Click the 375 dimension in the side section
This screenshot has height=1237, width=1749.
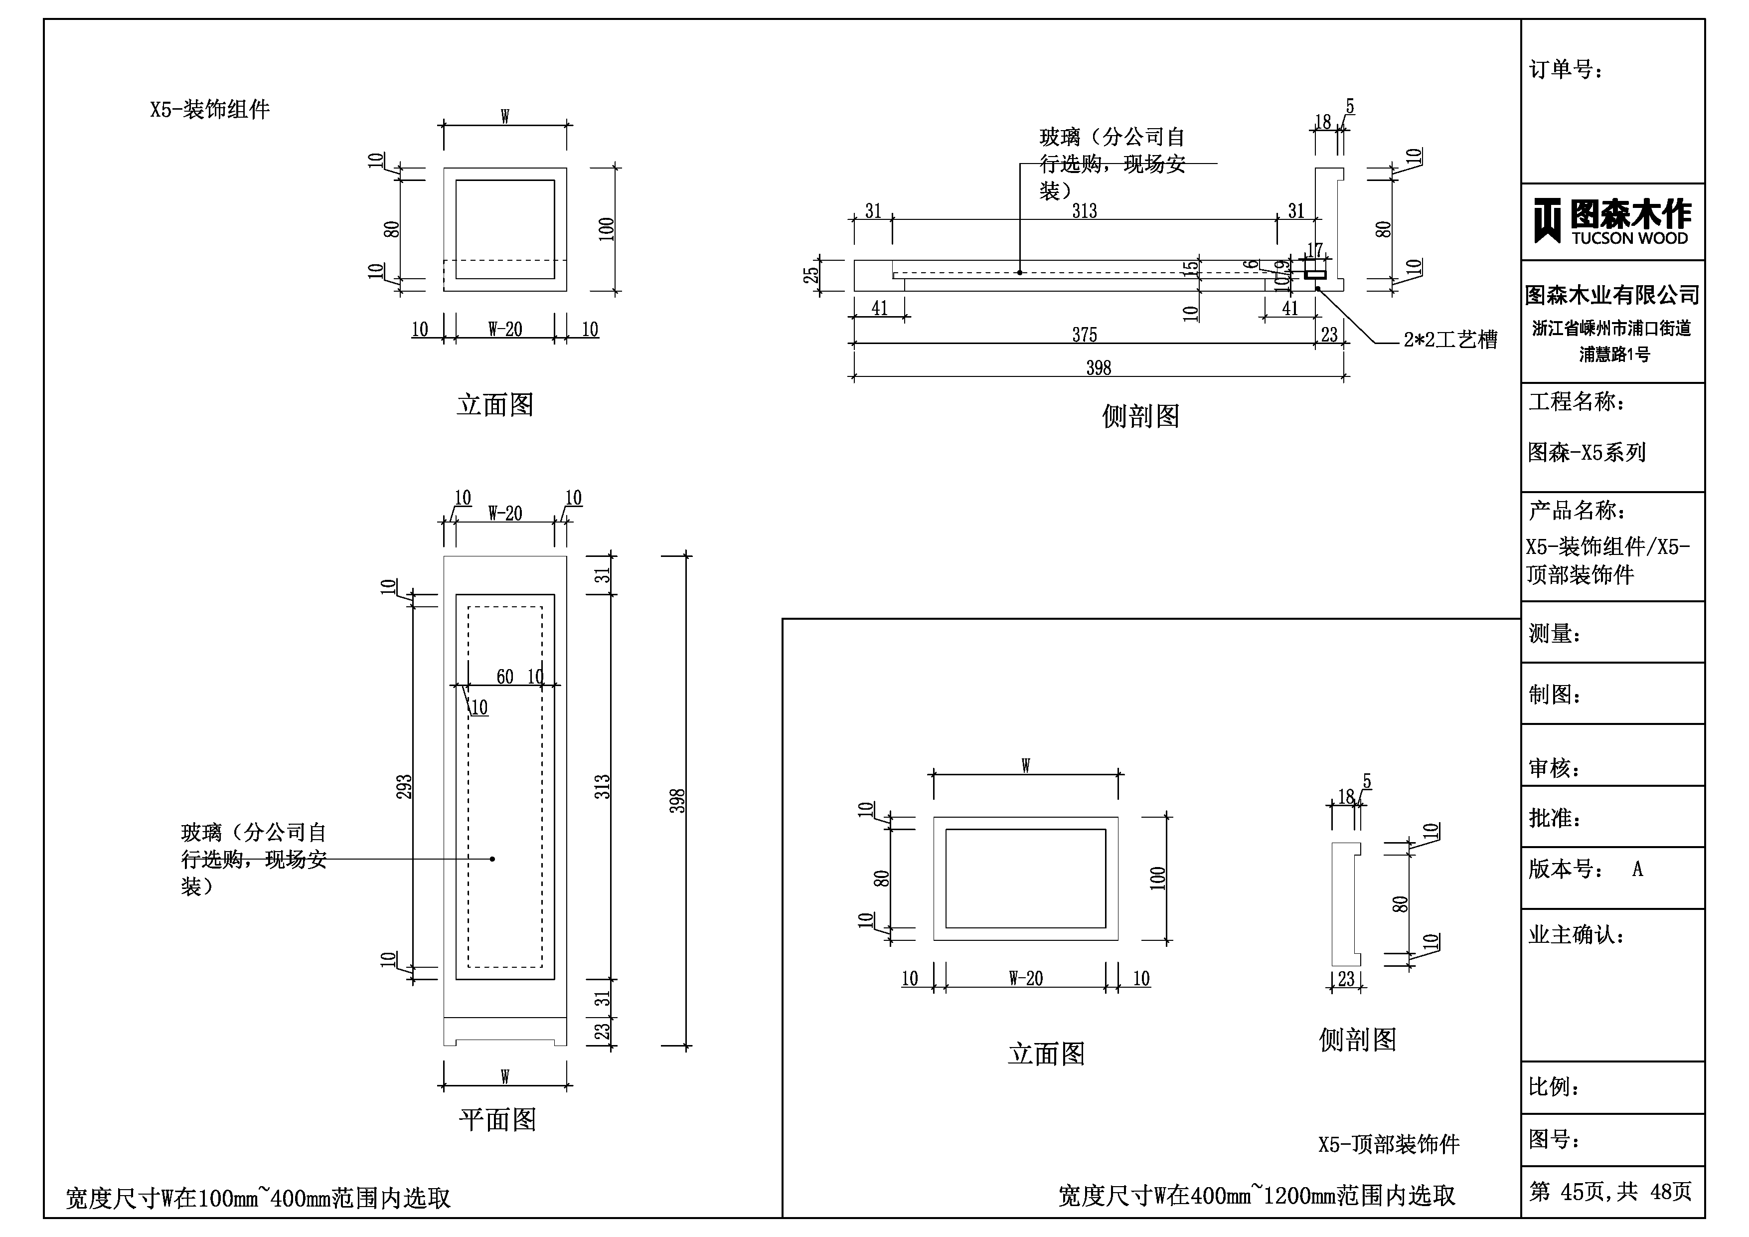(x=1084, y=335)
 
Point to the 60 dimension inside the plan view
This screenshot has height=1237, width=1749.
(x=504, y=677)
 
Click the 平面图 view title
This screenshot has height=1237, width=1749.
(x=497, y=1120)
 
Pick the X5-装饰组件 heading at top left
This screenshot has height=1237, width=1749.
(x=209, y=110)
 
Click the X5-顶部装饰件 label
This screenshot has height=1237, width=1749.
(x=1389, y=1144)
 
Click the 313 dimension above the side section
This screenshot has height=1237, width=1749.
(x=1084, y=210)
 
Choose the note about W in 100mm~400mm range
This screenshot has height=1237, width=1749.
(x=258, y=1198)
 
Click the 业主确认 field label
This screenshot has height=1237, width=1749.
(x=1576, y=934)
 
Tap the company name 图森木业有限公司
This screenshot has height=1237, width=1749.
(x=1612, y=295)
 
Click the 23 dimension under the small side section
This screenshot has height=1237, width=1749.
(x=1346, y=979)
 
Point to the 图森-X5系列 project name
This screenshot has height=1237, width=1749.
(x=1587, y=453)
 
